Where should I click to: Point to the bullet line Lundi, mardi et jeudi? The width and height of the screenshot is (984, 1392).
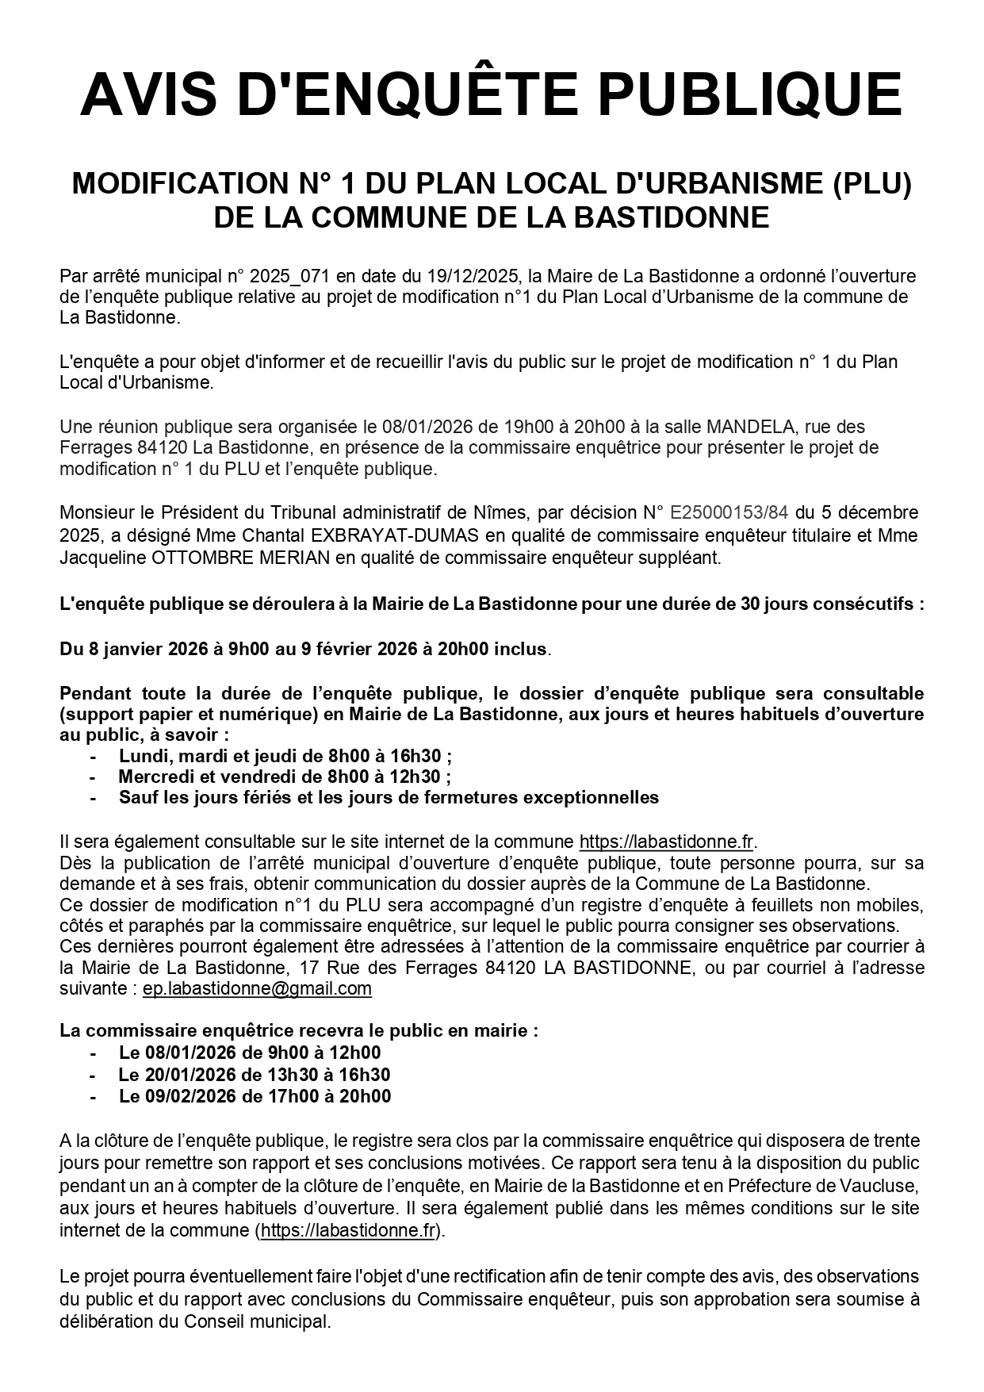click(285, 756)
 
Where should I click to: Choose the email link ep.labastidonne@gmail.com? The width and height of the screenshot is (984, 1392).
click(257, 988)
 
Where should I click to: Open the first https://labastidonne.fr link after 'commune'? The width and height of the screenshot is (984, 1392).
click(667, 842)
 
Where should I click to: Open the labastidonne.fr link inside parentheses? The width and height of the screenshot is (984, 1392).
click(348, 1230)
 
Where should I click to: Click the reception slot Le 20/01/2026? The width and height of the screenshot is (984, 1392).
click(255, 1075)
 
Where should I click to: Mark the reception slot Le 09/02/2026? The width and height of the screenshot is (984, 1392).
click(255, 1096)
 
